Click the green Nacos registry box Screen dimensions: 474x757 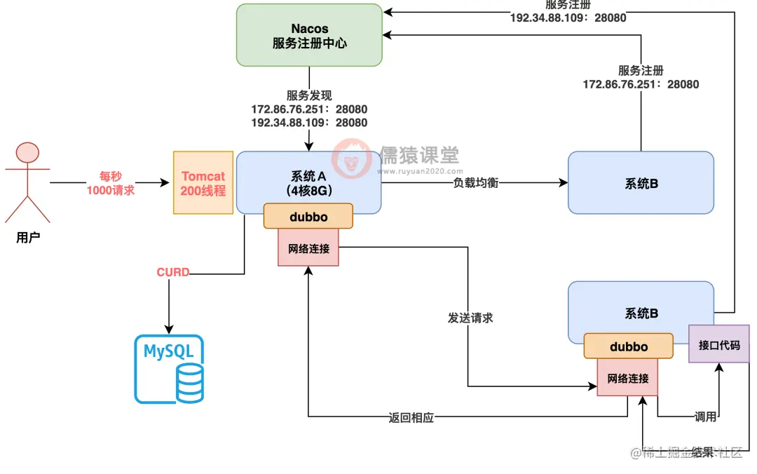[309, 36]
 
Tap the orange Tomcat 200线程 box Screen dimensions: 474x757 [203, 182]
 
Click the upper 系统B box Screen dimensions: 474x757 [641, 183]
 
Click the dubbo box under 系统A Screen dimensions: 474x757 [308, 217]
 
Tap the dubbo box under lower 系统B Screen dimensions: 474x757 [628, 346]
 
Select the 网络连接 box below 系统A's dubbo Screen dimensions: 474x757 [308, 248]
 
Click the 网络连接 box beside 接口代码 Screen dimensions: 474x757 [628, 378]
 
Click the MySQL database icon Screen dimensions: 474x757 [169, 369]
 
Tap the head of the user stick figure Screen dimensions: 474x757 [28, 153]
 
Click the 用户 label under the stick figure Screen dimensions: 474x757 [28, 238]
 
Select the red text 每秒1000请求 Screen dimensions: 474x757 [110, 183]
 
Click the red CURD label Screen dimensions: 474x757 [172, 272]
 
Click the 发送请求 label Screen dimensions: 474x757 [470, 318]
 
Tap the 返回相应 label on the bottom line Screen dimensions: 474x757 [411, 418]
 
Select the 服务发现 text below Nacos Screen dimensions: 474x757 [309, 96]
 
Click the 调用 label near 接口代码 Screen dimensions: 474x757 [705, 417]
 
